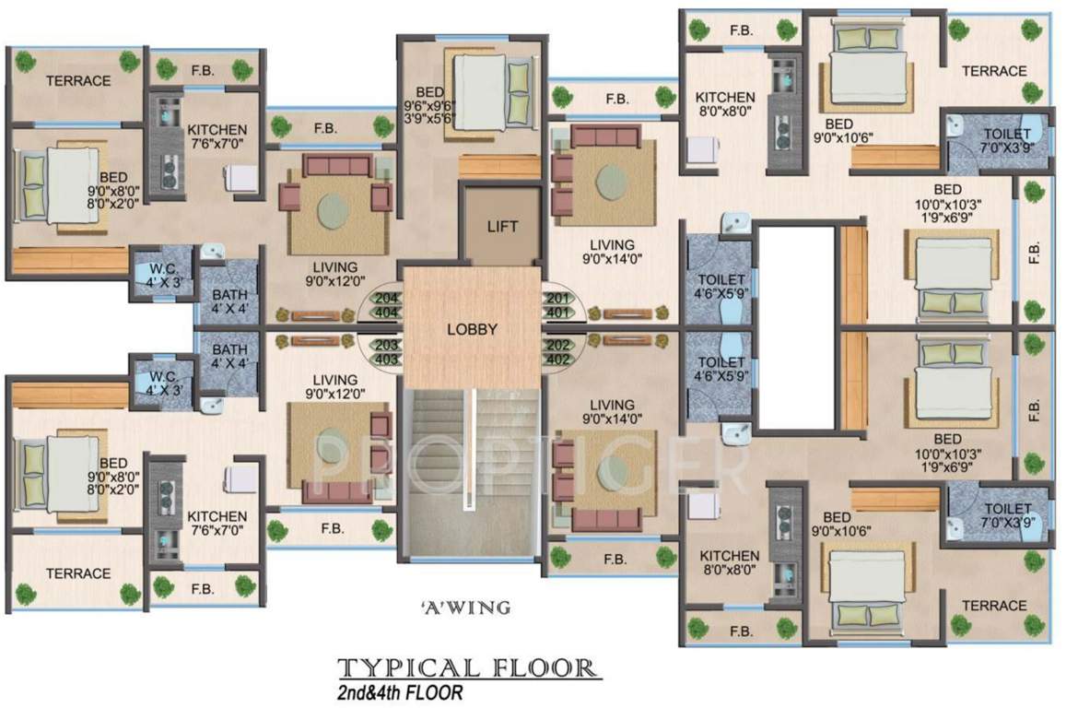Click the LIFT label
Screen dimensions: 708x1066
pyautogui.click(x=501, y=226)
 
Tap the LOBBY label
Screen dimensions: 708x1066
pyautogui.click(x=472, y=329)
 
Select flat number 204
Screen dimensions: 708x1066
pyautogui.click(x=387, y=299)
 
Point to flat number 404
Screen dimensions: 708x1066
pyautogui.click(x=387, y=313)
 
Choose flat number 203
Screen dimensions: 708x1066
pyautogui.click(x=387, y=345)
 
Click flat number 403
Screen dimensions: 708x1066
pyautogui.click(x=387, y=360)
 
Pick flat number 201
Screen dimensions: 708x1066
pyautogui.click(x=556, y=299)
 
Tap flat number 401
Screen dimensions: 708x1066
pyautogui.click(x=556, y=313)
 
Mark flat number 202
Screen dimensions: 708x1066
pyautogui.click(x=556, y=345)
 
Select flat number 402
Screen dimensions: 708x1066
pyautogui.click(x=556, y=360)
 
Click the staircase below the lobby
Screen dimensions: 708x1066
pyautogui.click(x=470, y=475)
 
